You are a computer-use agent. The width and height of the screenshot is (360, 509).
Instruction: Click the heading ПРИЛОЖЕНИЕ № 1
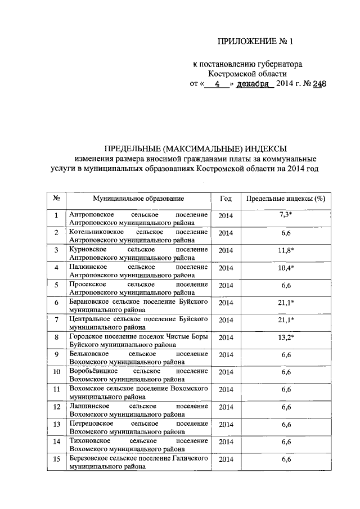255,42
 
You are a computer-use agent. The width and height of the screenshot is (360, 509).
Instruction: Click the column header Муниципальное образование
138,199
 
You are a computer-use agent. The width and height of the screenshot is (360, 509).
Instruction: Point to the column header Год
226,199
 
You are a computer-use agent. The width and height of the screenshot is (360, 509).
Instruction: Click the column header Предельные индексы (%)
286,199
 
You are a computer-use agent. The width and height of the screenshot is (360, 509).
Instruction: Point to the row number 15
57,460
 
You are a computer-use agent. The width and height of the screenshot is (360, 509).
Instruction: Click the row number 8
57,337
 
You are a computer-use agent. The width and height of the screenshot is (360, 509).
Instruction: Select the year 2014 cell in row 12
226,407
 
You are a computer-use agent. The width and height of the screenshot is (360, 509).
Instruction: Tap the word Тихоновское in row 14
89,442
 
